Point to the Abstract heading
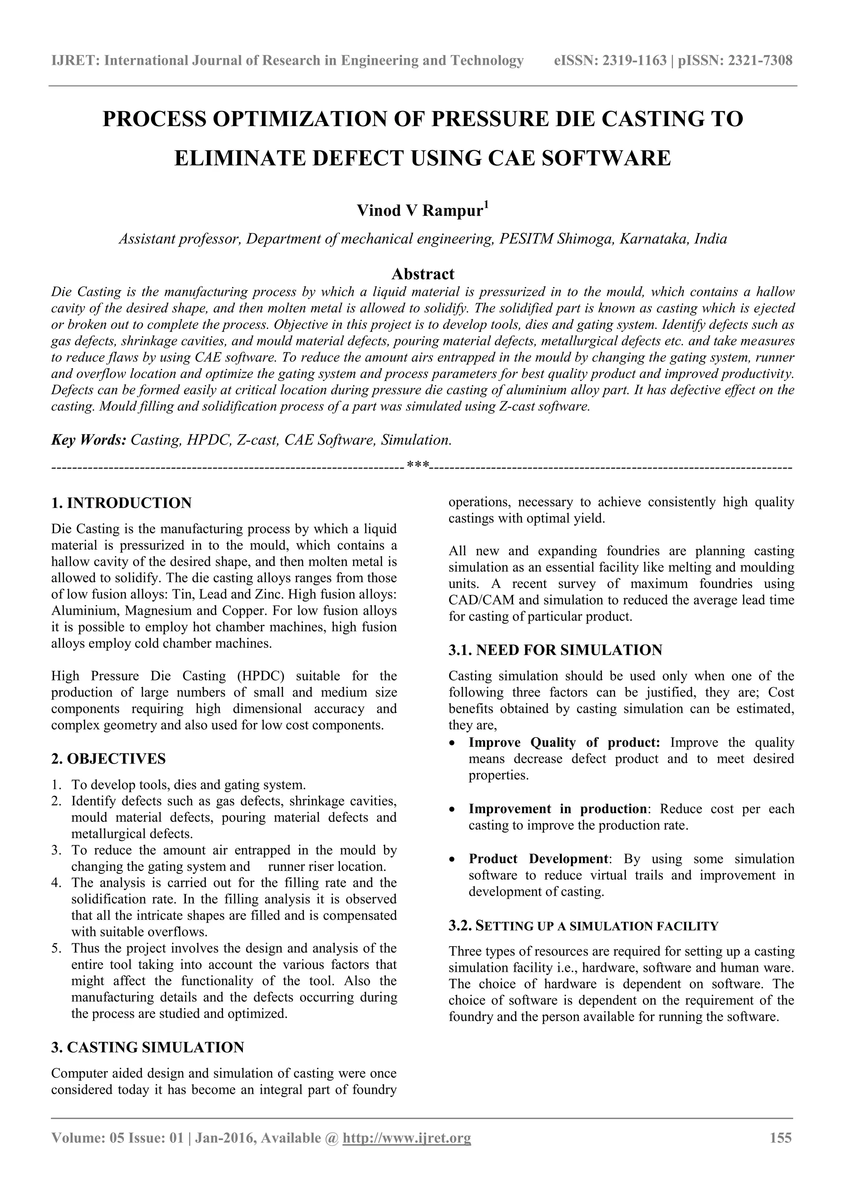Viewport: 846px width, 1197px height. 423,274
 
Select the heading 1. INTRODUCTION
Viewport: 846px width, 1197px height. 121,503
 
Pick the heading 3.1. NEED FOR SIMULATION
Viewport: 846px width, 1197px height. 555,650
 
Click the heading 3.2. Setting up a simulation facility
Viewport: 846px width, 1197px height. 583,926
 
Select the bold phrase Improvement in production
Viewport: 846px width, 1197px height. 557,809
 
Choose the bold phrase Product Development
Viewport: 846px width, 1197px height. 538,859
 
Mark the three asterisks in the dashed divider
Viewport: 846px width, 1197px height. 418,464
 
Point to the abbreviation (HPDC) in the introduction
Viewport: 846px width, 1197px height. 260,676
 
